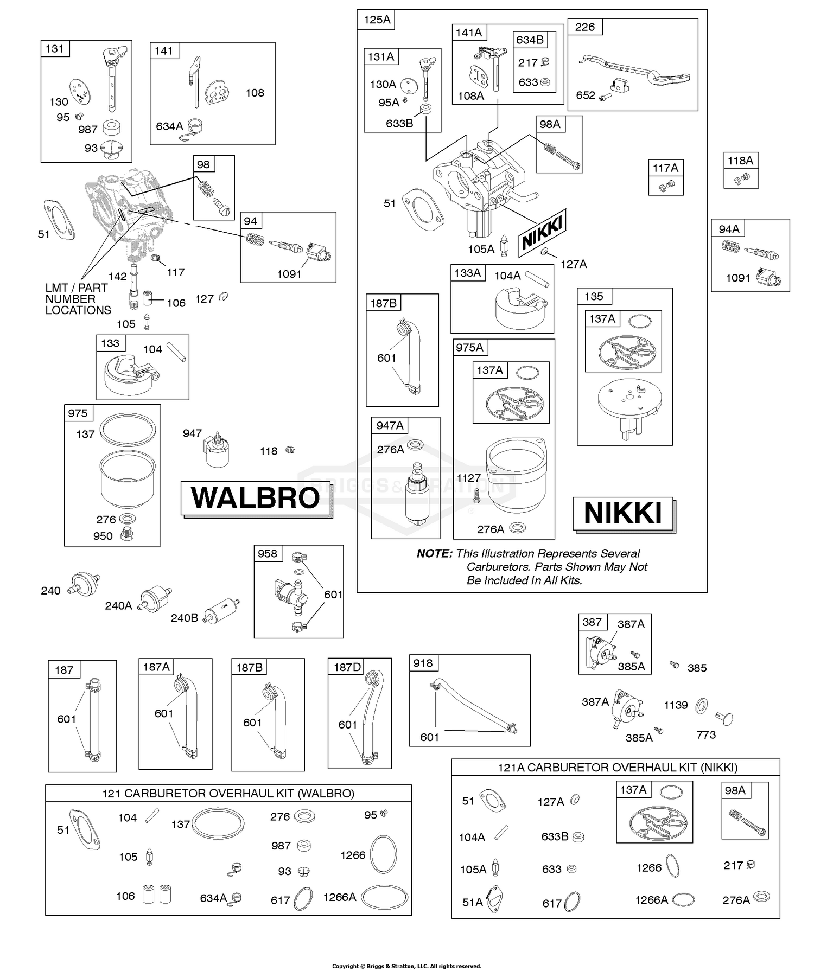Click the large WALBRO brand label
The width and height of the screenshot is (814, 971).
tap(256, 498)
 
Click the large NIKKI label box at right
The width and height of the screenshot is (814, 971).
tap(623, 513)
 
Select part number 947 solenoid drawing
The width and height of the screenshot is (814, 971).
tap(217, 450)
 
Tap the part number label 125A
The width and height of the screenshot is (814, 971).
tap(377, 20)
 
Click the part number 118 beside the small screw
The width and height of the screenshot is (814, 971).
tap(269, 451)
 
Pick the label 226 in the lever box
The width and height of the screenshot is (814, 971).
tap(584, 27)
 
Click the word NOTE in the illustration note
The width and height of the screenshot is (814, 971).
tap(434, 553)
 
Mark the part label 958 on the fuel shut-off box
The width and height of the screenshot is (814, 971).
tap(268, 554)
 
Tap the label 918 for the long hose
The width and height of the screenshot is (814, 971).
tap(423, 663)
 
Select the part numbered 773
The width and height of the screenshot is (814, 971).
tap(724, 719)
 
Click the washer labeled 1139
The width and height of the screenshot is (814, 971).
tap(701, 705)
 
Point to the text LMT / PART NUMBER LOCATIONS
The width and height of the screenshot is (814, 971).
tap(78, 299)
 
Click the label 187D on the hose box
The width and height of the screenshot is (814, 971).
tap(347, 667)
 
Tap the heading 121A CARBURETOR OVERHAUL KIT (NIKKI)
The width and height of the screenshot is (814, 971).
tap(618, 768)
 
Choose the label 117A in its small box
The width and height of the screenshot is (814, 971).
tap(665, 168)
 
